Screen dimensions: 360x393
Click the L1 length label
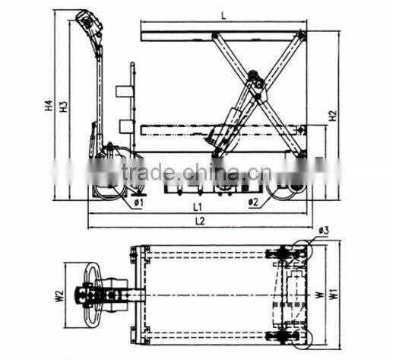click(196, 206)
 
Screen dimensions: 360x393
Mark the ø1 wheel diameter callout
click(139, 202)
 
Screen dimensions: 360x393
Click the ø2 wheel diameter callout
click(253, 202)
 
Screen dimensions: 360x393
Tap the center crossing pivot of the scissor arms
click(258, 85)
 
